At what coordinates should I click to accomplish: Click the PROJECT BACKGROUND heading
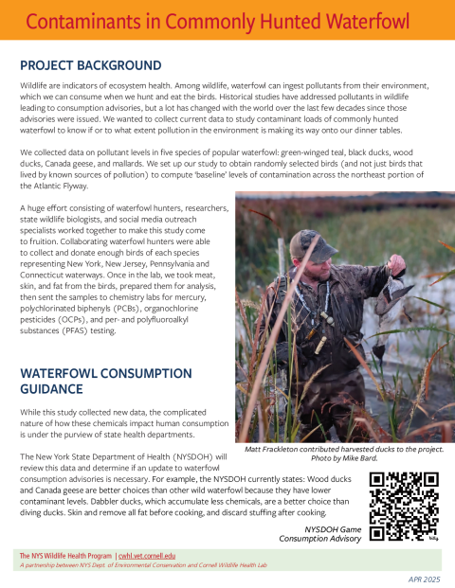91,65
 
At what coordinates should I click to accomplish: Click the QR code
403,506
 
